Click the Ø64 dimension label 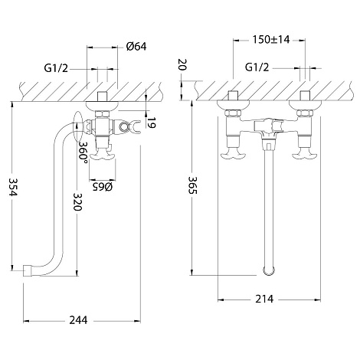(x=136, y=47)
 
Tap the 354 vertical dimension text (x=12, y=187)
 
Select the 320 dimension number (x=77, y=201)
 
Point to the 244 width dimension (x=78, y=320)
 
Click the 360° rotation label (x=83, y=150)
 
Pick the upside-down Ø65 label (x=103, y=187)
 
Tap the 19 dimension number (x=152, y=123)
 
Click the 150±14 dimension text (x=271, y=40)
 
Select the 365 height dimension (x=192, y=185)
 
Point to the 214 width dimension (x=264, y=299)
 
